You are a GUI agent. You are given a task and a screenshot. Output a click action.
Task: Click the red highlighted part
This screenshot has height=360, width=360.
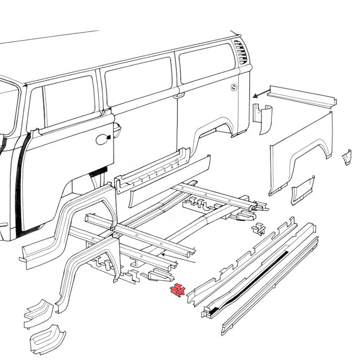177,291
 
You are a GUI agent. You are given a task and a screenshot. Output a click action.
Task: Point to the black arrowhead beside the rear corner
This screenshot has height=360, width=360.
255,95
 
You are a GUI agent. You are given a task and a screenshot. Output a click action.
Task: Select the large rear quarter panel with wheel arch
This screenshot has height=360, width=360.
300,153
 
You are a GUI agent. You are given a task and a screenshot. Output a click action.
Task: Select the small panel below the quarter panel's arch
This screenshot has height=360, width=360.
303,190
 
